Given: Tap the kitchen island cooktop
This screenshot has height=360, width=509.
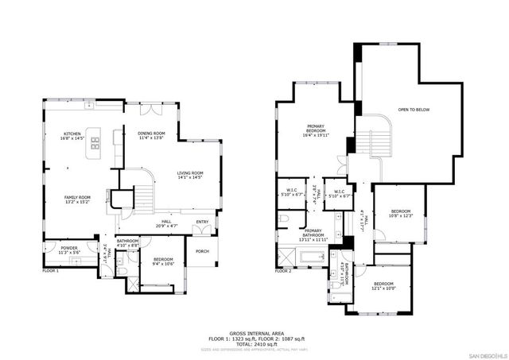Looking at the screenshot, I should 95,145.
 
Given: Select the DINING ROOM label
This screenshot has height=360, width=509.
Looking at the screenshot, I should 151,135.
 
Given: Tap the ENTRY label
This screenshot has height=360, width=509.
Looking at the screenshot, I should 202,223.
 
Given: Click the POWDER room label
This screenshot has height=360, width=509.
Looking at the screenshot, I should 68,250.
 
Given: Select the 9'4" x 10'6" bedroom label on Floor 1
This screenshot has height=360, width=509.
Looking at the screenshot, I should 164,261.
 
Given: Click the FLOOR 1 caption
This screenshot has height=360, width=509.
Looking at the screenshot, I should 51,271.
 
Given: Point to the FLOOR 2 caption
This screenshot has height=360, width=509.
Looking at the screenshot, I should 284,271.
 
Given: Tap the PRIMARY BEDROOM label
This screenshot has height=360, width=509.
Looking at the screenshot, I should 317,130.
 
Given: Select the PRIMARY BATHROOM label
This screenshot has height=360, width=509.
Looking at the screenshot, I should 313,235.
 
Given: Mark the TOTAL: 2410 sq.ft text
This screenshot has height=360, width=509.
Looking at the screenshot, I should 254,343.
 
